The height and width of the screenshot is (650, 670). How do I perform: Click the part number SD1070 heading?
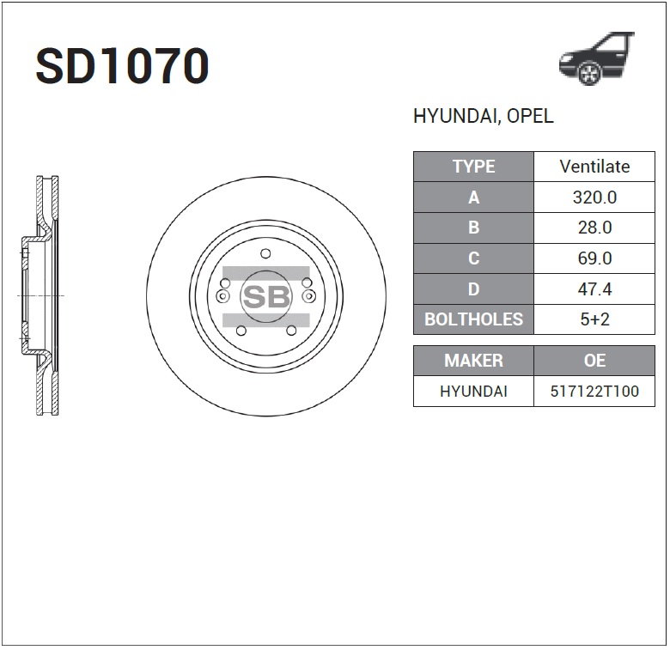122,67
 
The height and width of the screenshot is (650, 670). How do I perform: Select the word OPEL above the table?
530,117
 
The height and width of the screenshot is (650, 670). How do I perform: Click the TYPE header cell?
473,167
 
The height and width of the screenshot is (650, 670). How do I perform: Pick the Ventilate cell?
594,167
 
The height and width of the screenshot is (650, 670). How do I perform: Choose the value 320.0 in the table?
594,197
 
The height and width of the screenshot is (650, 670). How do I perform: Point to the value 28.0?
594,228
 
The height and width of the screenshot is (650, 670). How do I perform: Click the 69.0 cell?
594,258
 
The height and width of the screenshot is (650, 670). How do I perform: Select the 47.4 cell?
594,289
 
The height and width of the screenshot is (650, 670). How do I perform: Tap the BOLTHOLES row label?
473,319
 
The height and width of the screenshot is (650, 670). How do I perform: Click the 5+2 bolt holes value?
594,319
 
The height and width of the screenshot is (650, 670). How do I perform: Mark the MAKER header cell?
473,361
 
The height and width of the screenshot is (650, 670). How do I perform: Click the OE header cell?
594,361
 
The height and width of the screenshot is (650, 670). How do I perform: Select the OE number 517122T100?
594,392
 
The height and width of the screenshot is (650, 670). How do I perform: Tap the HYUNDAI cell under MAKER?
473,392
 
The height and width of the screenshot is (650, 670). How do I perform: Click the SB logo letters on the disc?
265,296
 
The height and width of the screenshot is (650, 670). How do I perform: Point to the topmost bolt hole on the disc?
265,253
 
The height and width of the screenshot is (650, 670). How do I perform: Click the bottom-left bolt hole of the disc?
241,331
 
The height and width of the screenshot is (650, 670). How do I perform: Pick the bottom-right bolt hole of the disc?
291,331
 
